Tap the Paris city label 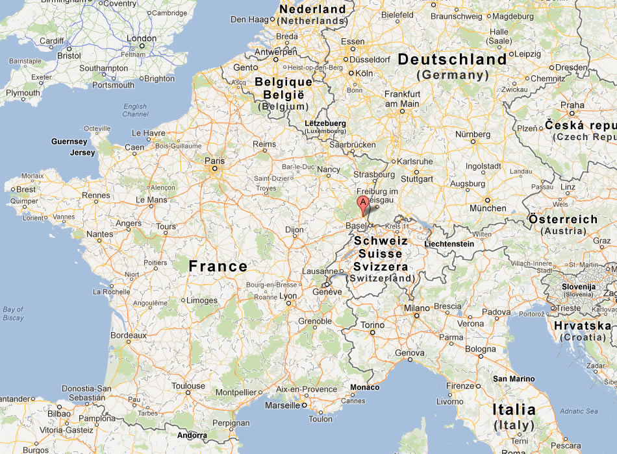pos(214,160)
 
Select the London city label pos(142,39)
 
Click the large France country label pos(218,266)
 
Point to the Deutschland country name pos(452,60)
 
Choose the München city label pos(488,208)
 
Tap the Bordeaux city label pos(128,336)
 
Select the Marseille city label pos(283,405)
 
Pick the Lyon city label pos(287,296)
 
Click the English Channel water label pos(135,110)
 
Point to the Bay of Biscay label pos(13,313)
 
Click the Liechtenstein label pos(449,244)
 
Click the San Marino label pos(514,379)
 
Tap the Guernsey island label pos(69,141)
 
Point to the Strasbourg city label pos(374,174)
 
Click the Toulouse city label pos(188,386)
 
